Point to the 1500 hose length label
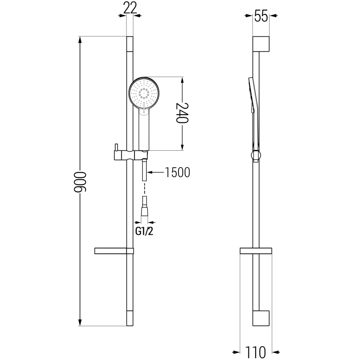point(177,172)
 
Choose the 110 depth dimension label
point(257,351)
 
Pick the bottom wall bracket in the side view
point(261,318)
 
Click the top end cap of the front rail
point(130,44)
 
